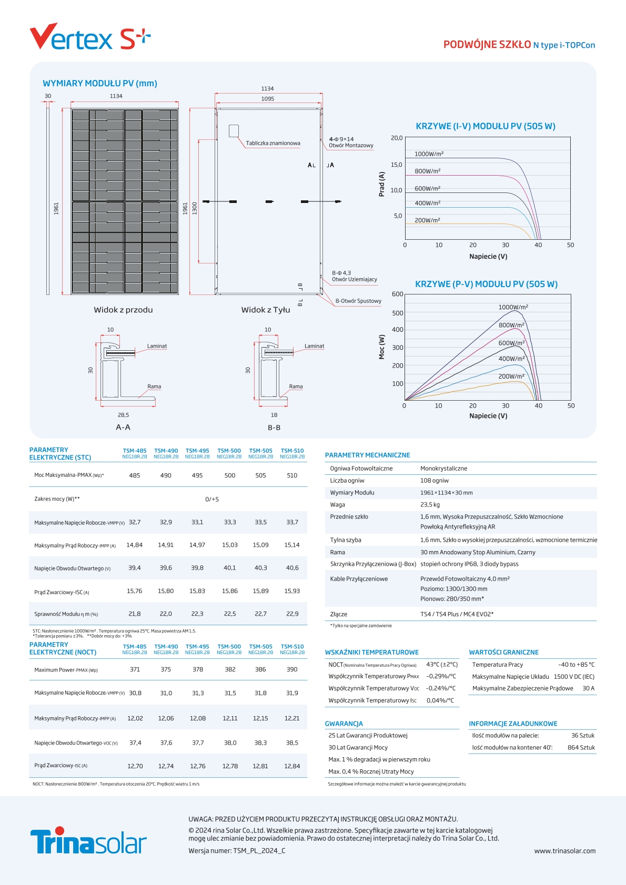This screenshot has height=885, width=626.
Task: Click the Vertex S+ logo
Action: [x=89, y=37]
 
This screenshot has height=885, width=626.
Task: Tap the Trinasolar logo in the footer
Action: [x=88, y=841]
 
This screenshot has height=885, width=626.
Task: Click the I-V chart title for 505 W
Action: [x=485, y=126]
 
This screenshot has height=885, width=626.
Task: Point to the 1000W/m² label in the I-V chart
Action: [x=429, y=154]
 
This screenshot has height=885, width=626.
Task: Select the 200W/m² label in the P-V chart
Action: [x=511, y=377]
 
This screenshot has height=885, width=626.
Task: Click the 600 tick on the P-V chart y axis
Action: [x=398, y=294]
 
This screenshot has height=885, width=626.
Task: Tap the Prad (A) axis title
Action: [x=382, y=184]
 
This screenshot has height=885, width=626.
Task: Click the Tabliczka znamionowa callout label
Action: [x=273, y=143]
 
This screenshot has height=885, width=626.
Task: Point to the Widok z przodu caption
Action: [x=123, y=310]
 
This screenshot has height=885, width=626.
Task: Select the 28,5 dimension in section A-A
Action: [x=123, y=415]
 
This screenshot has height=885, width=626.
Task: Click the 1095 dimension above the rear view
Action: [x=268, y=99]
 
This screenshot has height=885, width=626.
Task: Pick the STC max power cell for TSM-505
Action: [x=260, y=475]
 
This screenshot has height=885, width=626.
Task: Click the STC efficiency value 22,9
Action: [x=292, y=614]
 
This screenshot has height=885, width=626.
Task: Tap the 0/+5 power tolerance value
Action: [x=212, y=499]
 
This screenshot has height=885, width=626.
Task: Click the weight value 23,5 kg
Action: [x=430, y=505]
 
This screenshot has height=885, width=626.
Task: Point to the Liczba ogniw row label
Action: [x=347, y=481]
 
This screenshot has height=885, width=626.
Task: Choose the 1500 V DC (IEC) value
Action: [x=574, y=677]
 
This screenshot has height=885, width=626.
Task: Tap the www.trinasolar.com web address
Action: [x=564, y=851]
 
